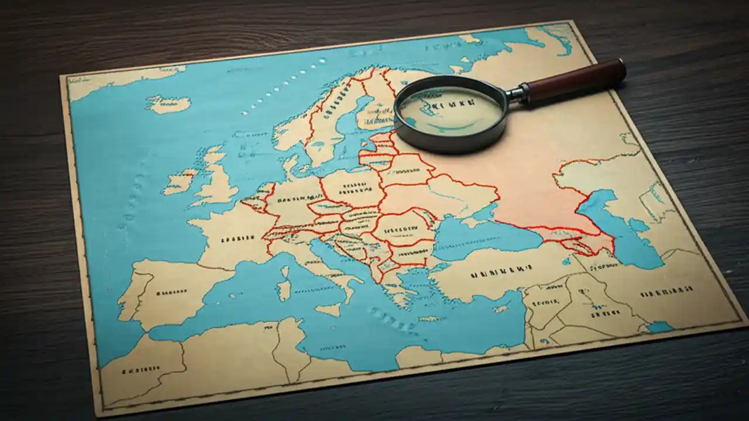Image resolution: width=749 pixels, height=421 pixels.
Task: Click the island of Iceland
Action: [x=169, y=104]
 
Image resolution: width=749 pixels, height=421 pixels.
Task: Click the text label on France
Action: [x=237, y=239]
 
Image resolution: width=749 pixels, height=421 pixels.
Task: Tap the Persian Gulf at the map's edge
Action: [x=659, y=326]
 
